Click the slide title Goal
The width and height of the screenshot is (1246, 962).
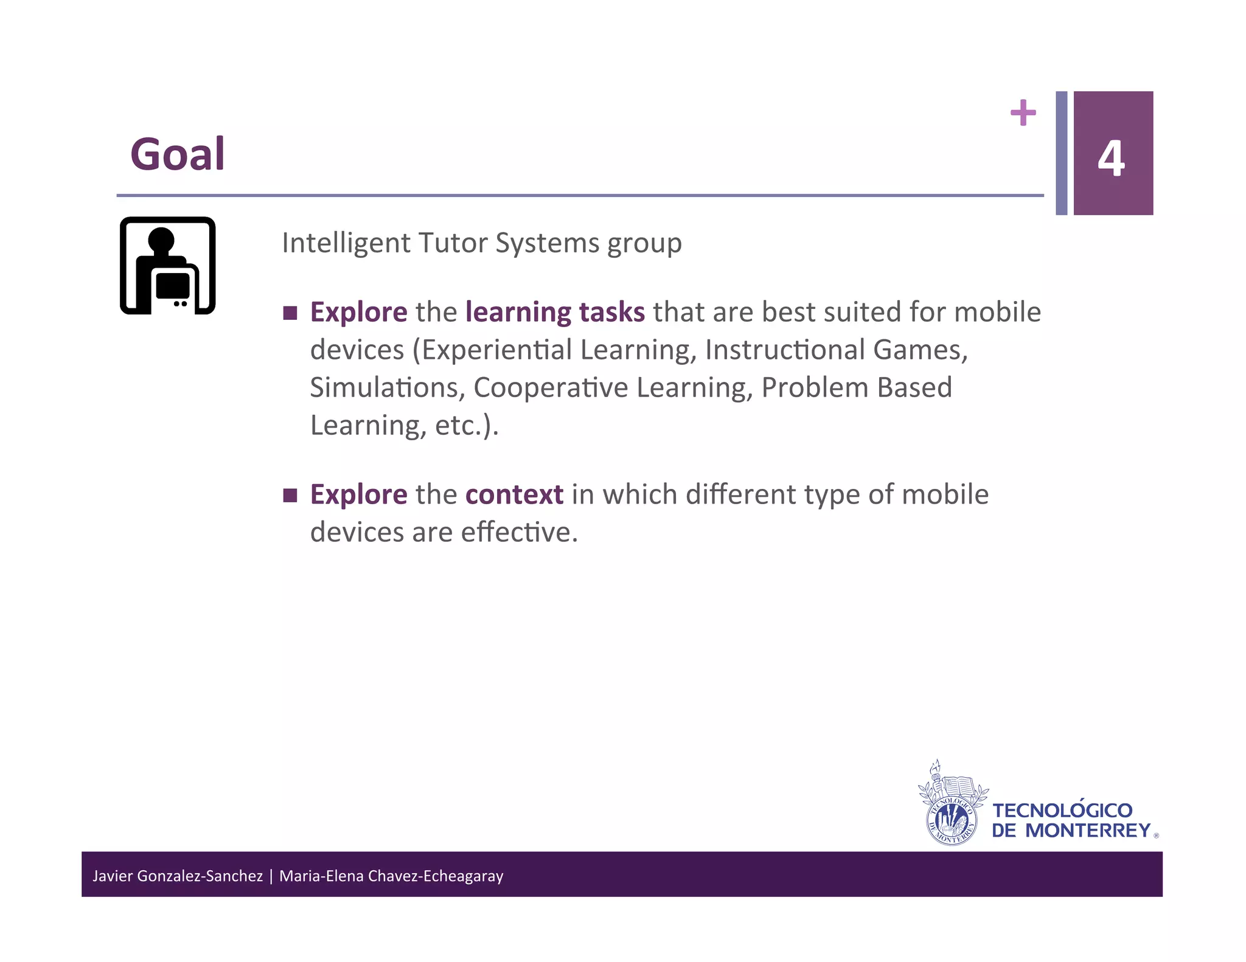pyautogui.click(x=177, y=154)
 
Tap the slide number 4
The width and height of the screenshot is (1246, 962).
pyautogui.click(x=1111, y=158)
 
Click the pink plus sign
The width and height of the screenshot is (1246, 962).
pyautogui.click(x=1023, y=112)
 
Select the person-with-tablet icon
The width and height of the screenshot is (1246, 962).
pyautogui.click(x=168, y=266)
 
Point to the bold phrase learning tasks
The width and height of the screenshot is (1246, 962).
pyautogui.click(x=554, y=312)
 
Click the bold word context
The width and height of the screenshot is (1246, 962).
pyautogui.click(x=514, y=494)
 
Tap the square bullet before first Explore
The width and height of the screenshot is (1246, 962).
pyautogui.click(x=290, y=313)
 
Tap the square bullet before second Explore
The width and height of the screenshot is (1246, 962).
pyautogui.click(x=290, y=496)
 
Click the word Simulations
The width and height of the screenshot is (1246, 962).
pyautogui.click(x=387, y=388)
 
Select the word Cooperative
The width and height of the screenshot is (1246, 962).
pyautogui.click(x=550, y=388)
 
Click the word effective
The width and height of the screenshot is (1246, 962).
pyautogui.click(x=518, y=533)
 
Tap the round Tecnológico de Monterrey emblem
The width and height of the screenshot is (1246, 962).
pyautogui.click(x=952, y=821)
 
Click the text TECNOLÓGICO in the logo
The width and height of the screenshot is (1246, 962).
pyautogui.click(x=1062, y=811)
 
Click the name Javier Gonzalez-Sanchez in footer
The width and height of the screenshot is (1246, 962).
pyautogui.click(x=177, y=876)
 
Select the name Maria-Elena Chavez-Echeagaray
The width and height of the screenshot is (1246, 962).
pyautogui.click(x=391, y=876)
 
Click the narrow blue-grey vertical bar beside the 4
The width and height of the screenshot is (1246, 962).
pyautogui.click(x=1061, y=153)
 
